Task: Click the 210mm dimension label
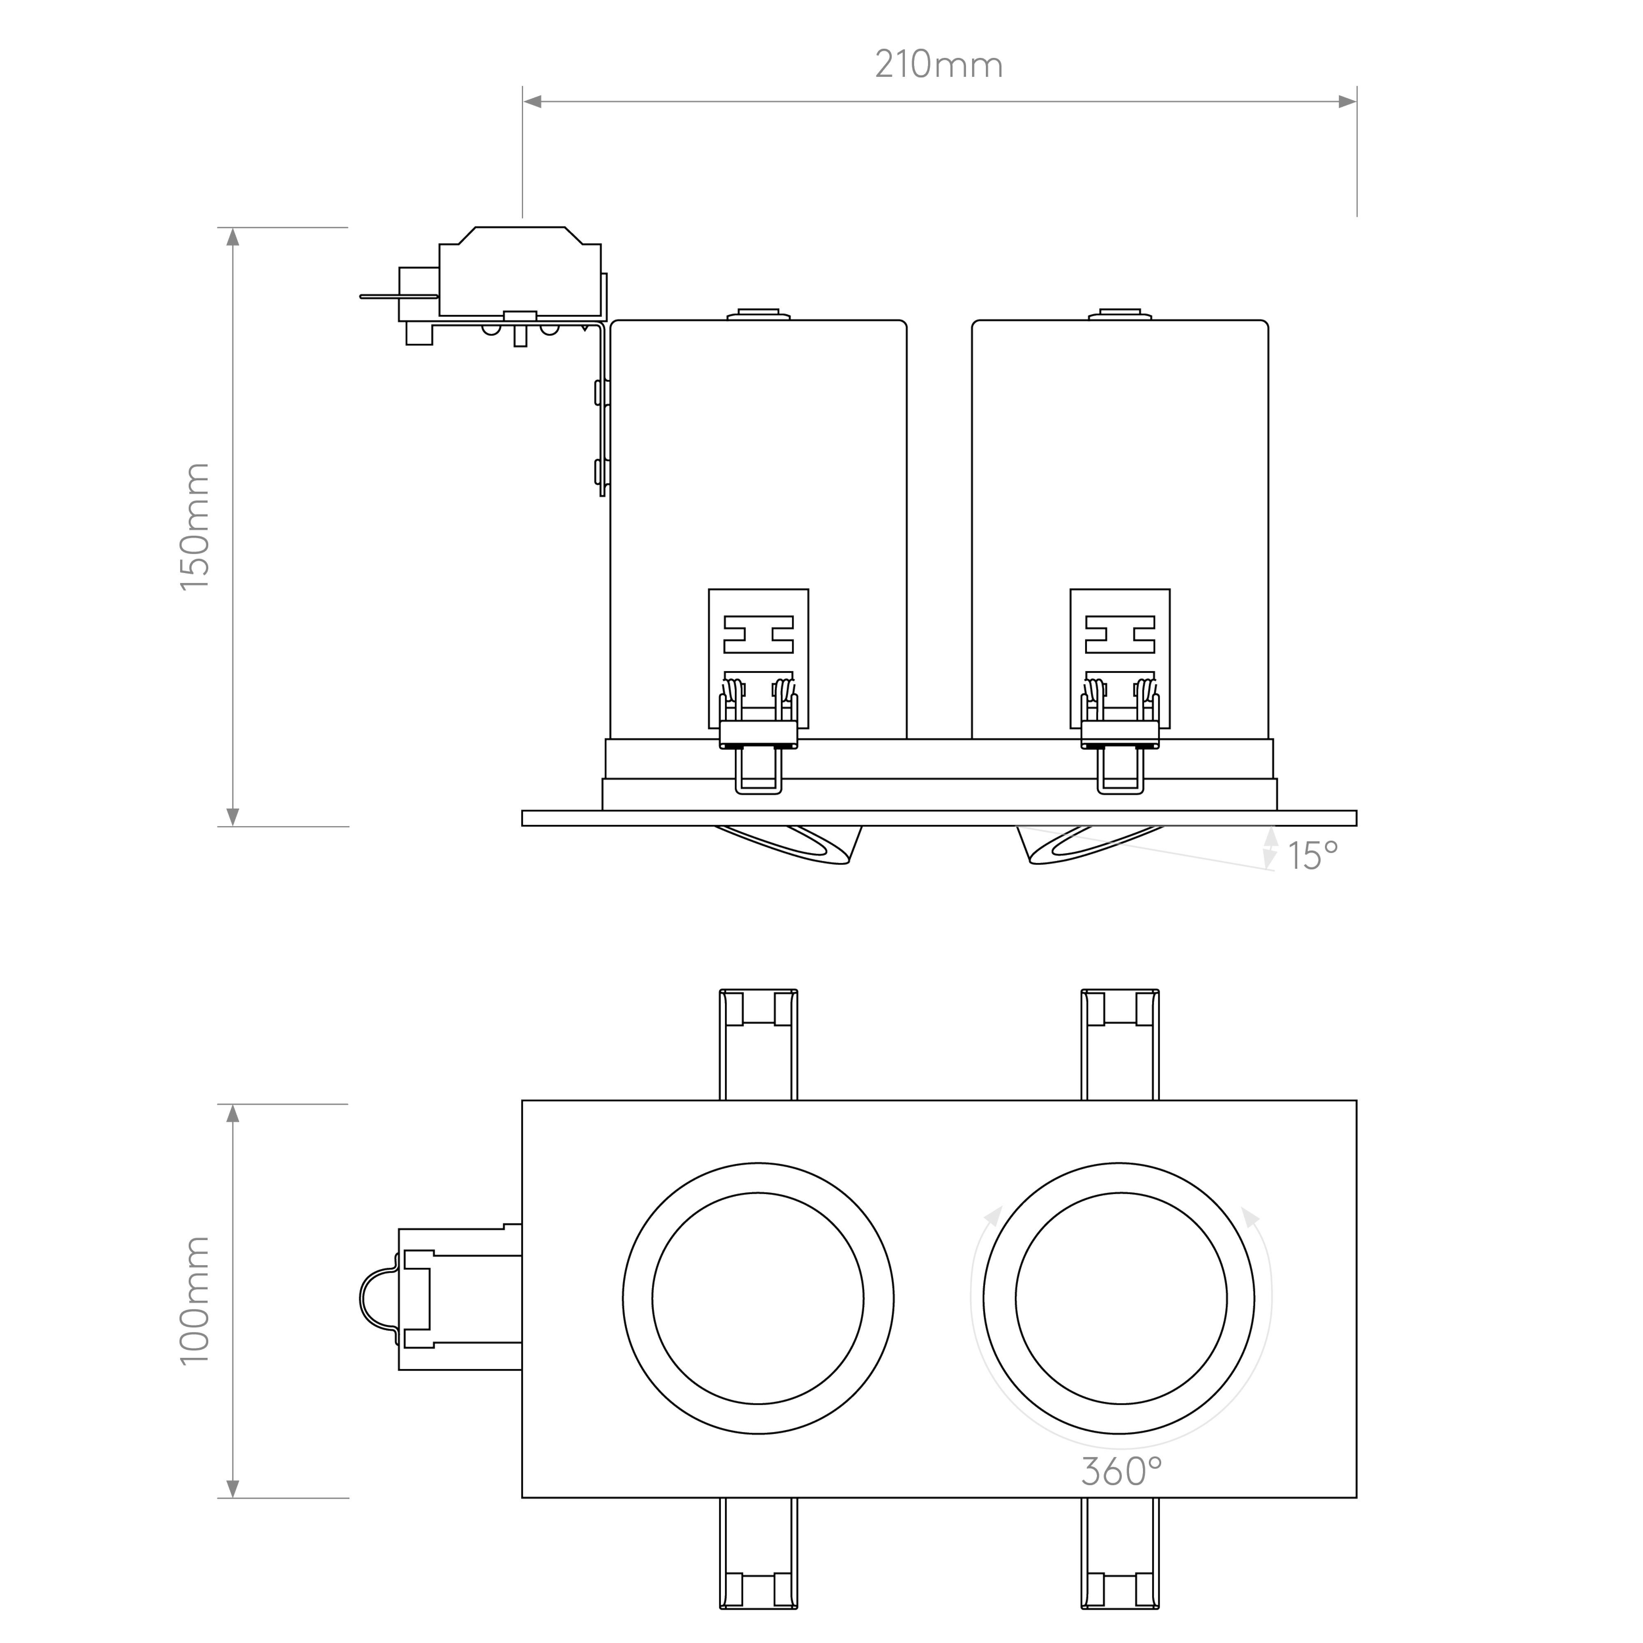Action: pos(939,65)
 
